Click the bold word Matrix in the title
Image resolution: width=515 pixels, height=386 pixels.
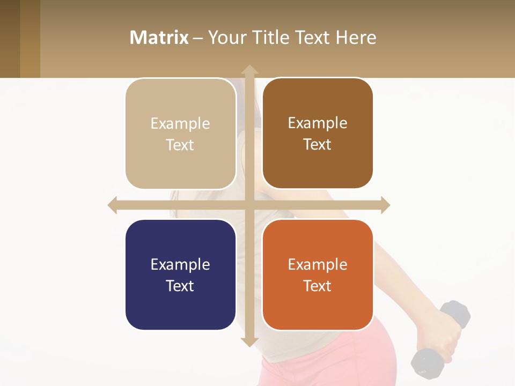(x=159, y=38)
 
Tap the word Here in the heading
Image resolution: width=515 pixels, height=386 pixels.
(x=356, y=38)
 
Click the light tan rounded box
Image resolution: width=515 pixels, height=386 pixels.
(x=180, y=133)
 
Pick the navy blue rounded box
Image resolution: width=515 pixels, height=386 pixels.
(x=180, y=274)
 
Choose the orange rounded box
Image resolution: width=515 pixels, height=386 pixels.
(x=318, y=274)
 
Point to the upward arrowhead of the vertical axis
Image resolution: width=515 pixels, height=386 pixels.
(x=249, y=70)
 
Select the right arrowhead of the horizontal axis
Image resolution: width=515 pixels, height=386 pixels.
(x=385, y=205)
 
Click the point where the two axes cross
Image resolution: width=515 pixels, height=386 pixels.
(x=249, y=205)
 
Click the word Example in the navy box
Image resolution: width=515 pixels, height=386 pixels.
(x=180, y=264)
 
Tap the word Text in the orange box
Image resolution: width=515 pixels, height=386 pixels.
(x=318, y=286)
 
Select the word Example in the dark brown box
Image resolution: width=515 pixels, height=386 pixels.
(x=318, y=123)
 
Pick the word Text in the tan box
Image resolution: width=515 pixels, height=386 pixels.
(x=180, y=145)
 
